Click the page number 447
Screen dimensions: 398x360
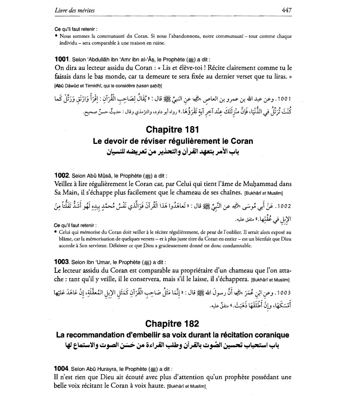286,10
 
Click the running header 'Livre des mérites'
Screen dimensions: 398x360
75,10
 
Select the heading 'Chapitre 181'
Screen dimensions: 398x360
172,129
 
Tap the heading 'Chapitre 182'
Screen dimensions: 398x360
172,324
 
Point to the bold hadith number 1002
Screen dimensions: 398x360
62,176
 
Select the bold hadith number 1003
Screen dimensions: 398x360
62,262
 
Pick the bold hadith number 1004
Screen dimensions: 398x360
62,369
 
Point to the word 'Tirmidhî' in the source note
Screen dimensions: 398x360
92,86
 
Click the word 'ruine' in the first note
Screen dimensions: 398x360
159,43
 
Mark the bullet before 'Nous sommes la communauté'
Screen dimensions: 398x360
56,36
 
